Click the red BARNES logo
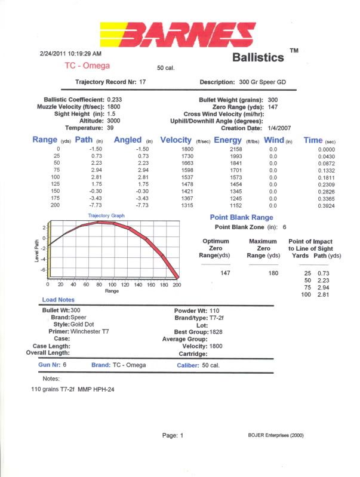pos(178,35)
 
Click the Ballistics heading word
pos(258,57)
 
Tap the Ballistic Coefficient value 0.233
pos(115,100)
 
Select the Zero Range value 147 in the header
pos(273,107)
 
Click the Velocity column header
pos(176,140)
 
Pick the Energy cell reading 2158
pos(236,149)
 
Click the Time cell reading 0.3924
pos(327,206)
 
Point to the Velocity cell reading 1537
pos(187,177)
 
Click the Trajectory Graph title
pos(106,216)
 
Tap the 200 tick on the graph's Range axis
pos(177,285)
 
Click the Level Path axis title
pos(37,251)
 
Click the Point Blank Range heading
pos(242,217)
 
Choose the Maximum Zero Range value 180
pos(273,273)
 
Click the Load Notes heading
pos(58,300)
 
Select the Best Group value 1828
pos(216,332)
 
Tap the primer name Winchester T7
pos(90,331)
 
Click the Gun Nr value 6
pos(64,364)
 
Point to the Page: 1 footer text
pos(173,436)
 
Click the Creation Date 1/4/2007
pos(279,128)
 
